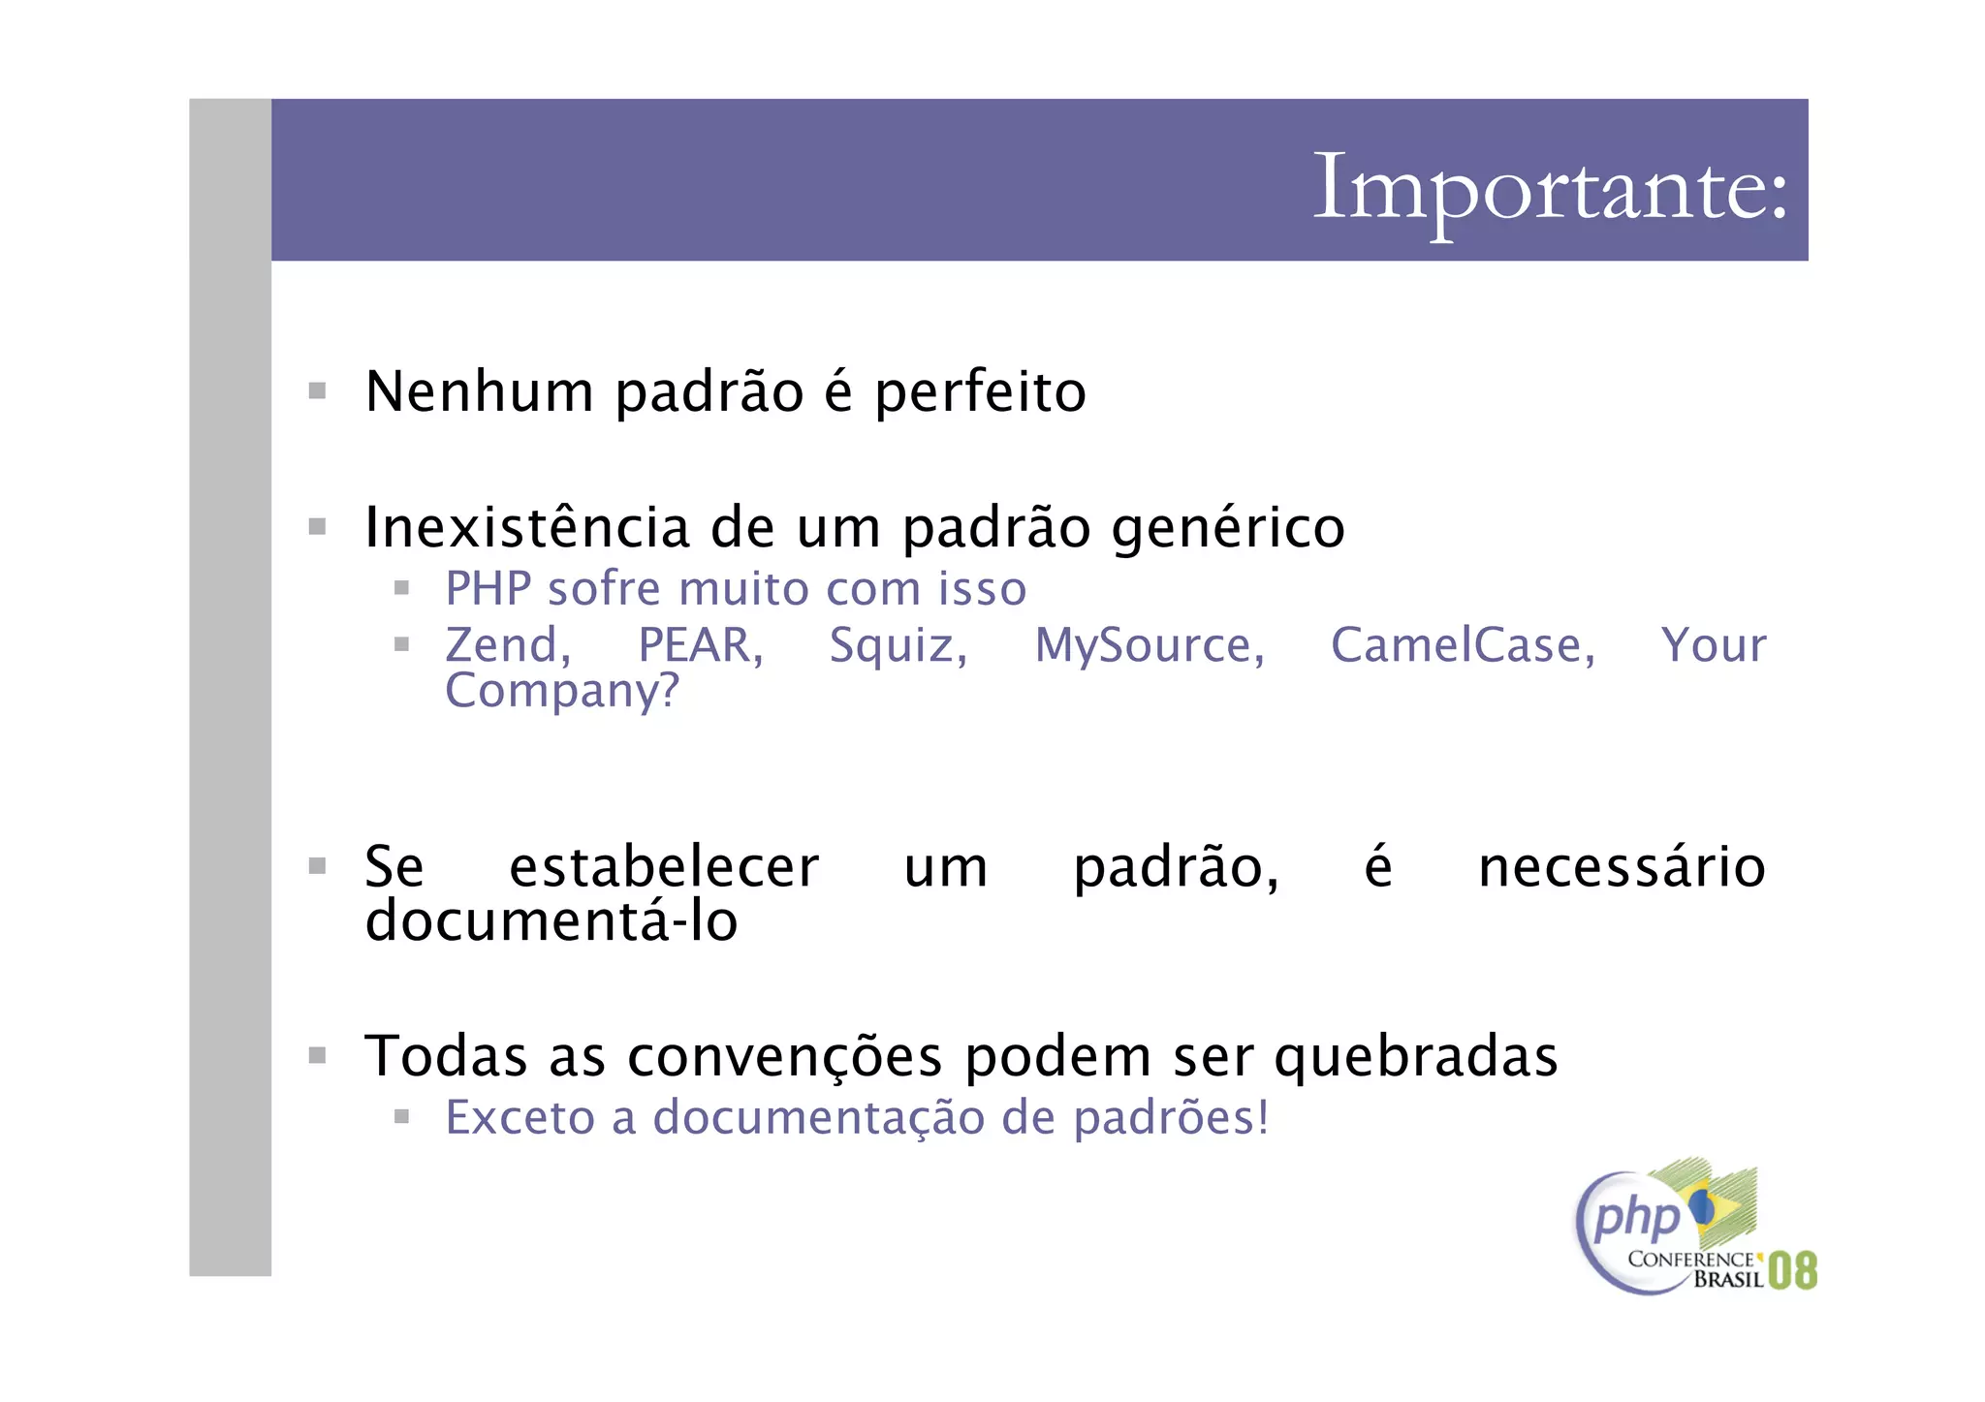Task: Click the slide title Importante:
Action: [1549, 188]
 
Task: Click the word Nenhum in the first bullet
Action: [479, 392]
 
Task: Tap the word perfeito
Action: [980, 392]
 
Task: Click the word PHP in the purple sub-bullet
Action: [488, 589]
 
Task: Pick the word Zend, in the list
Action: [508, 646]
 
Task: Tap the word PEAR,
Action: [701, 646]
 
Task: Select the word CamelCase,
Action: [1463, 646]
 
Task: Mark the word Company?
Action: [562, 692]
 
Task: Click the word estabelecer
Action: [664, 867]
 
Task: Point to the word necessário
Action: [1622, 867]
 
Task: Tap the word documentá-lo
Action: [551, 920]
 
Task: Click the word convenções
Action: [784, 1057]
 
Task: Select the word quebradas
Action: [1415, 1057]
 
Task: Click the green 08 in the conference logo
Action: [1792, 1271]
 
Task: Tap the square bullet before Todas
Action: [317, 1055]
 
